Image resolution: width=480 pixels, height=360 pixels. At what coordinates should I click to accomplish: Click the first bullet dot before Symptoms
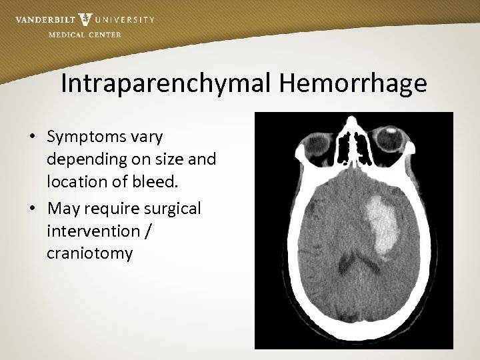click(32, 137)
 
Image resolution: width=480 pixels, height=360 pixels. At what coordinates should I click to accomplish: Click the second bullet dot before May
click(32, 209)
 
